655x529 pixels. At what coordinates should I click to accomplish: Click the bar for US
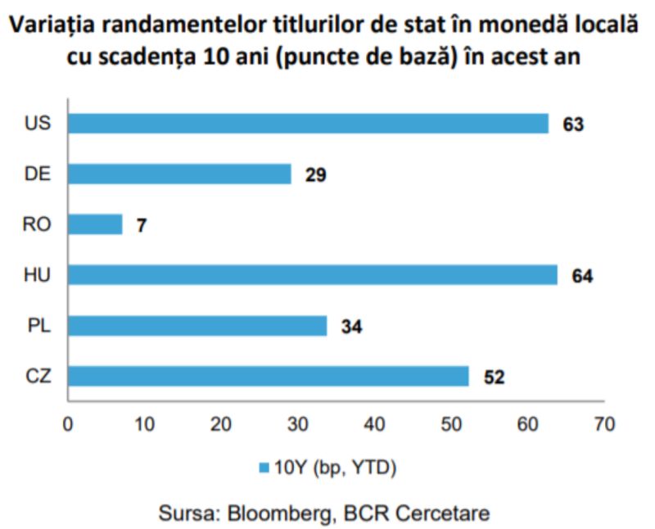tap(308, 123)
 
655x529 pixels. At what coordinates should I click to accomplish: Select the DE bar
tap(179, 174)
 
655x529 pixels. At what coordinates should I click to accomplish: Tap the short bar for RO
tap(95, 224)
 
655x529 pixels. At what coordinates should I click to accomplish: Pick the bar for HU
tap(312, 274)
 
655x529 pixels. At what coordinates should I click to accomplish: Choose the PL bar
tap(197, 325)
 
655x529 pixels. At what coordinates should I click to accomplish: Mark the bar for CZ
tap(268, 376)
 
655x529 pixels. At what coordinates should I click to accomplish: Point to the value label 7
tap(142, 225)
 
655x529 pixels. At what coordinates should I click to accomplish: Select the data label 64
tap(582, 276)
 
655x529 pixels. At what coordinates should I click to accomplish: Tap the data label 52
tap(495, 377)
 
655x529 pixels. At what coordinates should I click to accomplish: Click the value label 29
tap(316, 174)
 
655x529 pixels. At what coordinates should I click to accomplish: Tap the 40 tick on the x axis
tap(375, 424)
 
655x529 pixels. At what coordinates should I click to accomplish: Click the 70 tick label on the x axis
tap(605, 424)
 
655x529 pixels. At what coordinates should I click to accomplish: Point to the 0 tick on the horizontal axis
tap(68, 424)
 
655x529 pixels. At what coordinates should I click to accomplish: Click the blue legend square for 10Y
tap(264, 468)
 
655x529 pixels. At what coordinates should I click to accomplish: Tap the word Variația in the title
tap(61, 25)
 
